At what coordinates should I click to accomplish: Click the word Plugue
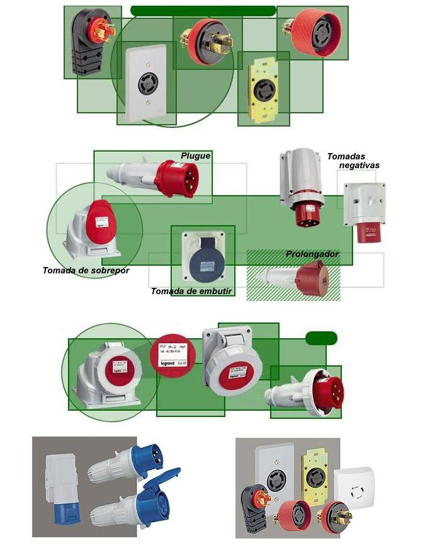(195, 156)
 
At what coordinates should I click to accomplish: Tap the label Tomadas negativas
(354, 161)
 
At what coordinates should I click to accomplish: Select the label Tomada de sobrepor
(86, 270)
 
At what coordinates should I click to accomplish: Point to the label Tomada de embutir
(192, 291)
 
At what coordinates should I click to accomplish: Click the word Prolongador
(312, 254)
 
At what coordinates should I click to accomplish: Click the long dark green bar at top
(203, 11)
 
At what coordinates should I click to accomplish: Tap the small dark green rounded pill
(321, 338)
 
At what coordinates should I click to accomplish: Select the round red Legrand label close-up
(173, 355)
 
